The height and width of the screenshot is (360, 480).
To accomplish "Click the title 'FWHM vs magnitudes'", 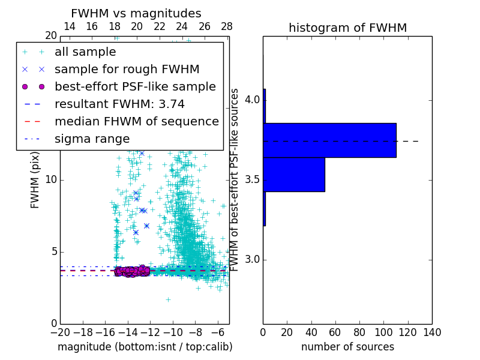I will click(136, 13).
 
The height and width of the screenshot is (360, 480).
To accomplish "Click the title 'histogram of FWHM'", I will click(347, 28).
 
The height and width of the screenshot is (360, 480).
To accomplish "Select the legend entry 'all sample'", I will click(85, 52).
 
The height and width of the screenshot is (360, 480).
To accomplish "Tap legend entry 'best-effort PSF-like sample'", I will click(135, 86).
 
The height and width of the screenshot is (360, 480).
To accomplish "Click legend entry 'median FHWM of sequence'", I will click(136, 121).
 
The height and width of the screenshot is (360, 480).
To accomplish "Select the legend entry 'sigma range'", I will click(92, 139).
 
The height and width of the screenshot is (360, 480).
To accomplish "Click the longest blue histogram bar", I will click(329, 140).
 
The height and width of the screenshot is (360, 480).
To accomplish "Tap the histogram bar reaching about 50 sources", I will click(294, 174).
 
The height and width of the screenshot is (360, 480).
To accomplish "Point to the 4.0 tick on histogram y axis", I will click(252, 100).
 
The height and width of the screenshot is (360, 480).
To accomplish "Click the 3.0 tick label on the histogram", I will click(252, 260).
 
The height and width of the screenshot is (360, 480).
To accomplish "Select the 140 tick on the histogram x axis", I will click(432, 332).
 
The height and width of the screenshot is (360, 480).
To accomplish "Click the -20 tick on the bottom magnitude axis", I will click(60, 332).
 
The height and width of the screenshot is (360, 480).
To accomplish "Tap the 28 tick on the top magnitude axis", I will click(227, 26).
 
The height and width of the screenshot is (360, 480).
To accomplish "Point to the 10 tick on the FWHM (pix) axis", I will click(50, 180).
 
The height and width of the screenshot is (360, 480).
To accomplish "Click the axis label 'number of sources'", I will click(347, 347).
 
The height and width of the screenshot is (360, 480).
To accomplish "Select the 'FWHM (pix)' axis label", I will click(35, 180).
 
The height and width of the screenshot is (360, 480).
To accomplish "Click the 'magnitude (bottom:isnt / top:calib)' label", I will click(145, 347).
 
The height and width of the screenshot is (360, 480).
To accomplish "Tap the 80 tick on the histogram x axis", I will click(359, 332).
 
